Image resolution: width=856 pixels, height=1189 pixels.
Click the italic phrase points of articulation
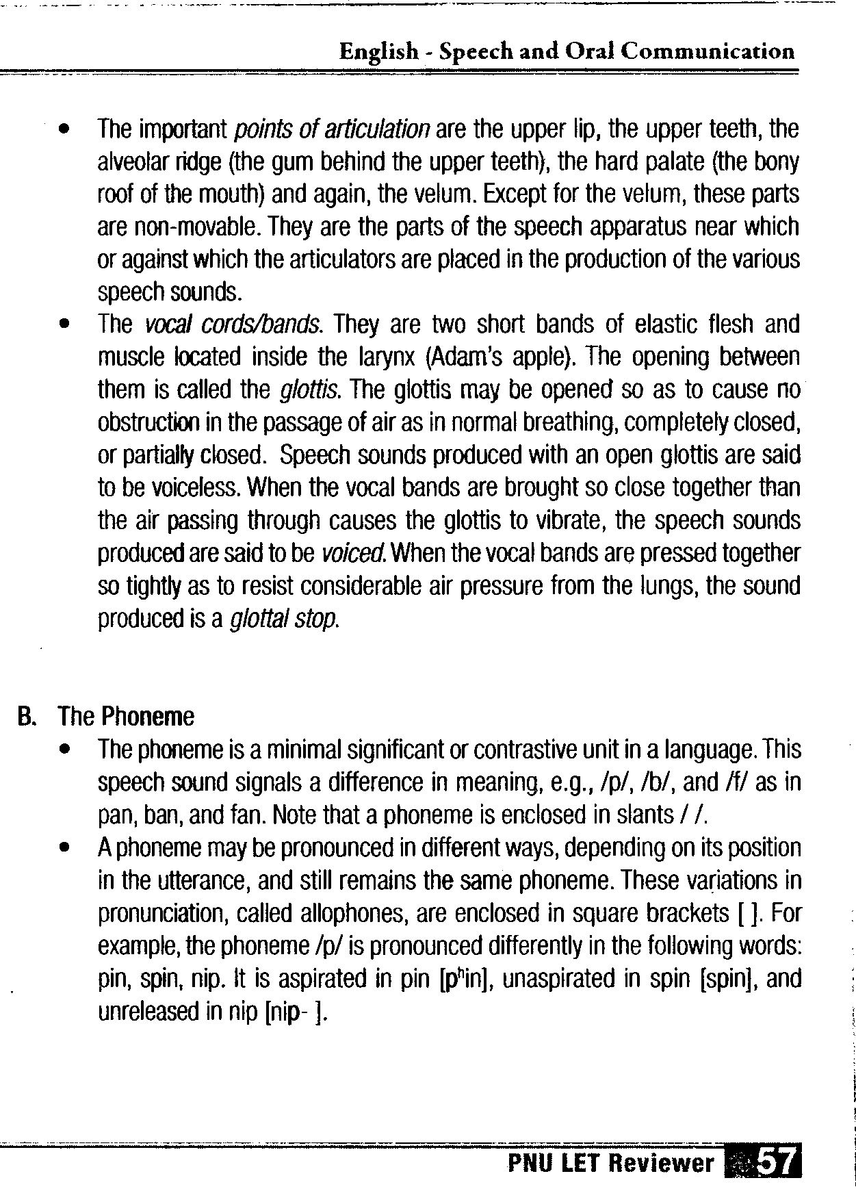[x=332, y=129]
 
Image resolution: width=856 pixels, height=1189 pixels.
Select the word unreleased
[x=148, y=1012]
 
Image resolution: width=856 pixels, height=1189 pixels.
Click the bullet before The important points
[x=64, y=129]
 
